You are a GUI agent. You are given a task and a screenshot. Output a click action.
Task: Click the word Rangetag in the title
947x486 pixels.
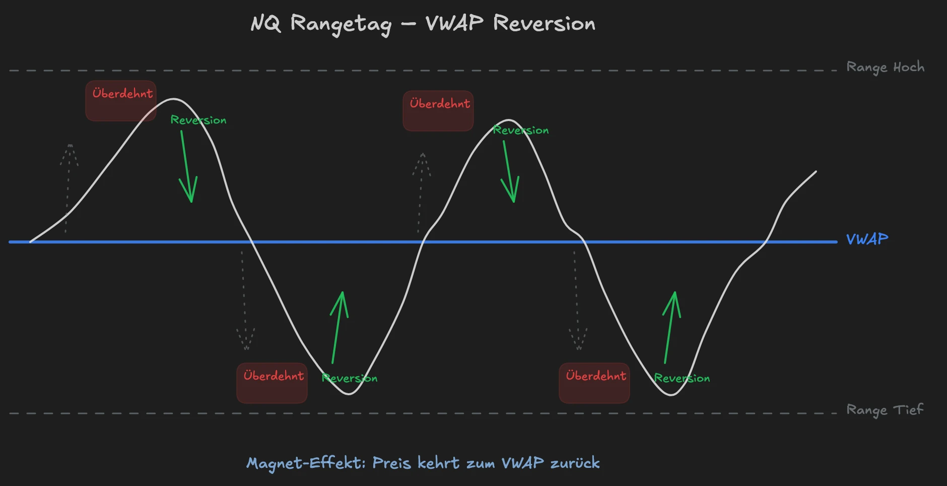point(341,24)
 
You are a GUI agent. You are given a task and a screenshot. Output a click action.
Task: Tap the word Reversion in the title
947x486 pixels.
point(544,23)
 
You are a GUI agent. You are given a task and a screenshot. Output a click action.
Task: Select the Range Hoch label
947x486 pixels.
point(885,67)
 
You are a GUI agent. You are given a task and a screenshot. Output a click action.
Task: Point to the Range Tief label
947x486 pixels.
point(885,410)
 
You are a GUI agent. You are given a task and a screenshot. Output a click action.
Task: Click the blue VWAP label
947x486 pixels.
point(867,239)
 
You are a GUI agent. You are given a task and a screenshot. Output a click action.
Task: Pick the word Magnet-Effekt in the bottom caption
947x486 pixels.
point(306,463)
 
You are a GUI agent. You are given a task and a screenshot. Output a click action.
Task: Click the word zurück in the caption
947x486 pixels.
point(575,463)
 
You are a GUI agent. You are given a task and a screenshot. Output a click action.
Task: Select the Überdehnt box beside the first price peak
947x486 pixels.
point(121,101)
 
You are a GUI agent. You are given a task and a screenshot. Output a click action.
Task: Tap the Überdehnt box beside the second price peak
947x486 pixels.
point(438,111)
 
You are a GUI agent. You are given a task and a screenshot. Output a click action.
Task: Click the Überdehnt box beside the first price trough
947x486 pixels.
point(272,383)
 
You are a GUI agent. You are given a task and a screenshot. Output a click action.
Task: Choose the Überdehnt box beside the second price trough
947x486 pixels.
point(594,383)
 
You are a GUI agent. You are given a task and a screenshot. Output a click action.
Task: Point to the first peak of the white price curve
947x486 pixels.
point(174,99)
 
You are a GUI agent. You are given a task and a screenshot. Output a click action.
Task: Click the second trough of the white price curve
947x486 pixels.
point(671,395)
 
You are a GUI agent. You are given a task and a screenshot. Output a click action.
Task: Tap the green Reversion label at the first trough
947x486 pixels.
point(350,378)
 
